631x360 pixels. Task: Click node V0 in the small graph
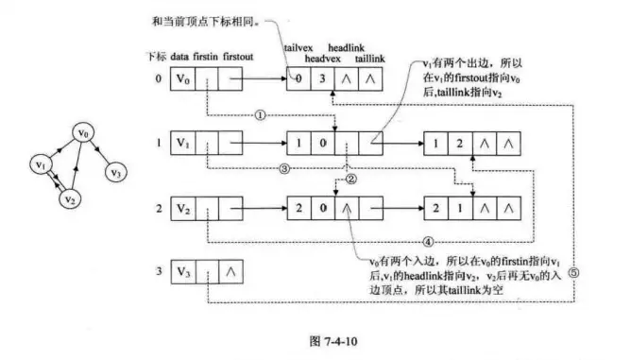(86, 136)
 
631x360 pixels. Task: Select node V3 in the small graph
(115, 173)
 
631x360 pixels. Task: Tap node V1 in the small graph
(41, 165)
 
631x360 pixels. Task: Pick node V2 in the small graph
(68, 199)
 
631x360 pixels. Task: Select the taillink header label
(369, 59)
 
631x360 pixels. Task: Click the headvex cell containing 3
(322, 82)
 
